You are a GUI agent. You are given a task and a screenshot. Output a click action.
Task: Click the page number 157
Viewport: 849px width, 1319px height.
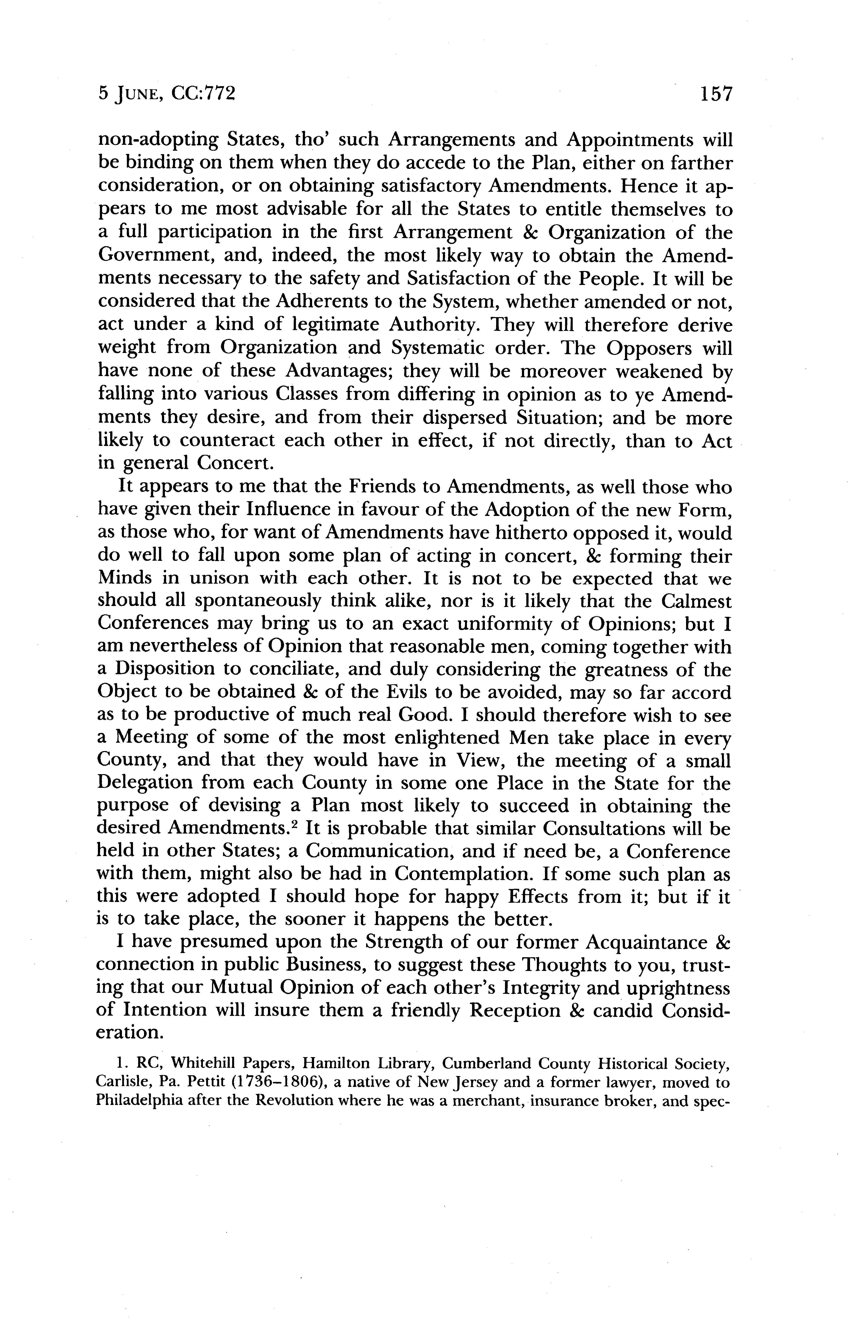coord(715,94)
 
